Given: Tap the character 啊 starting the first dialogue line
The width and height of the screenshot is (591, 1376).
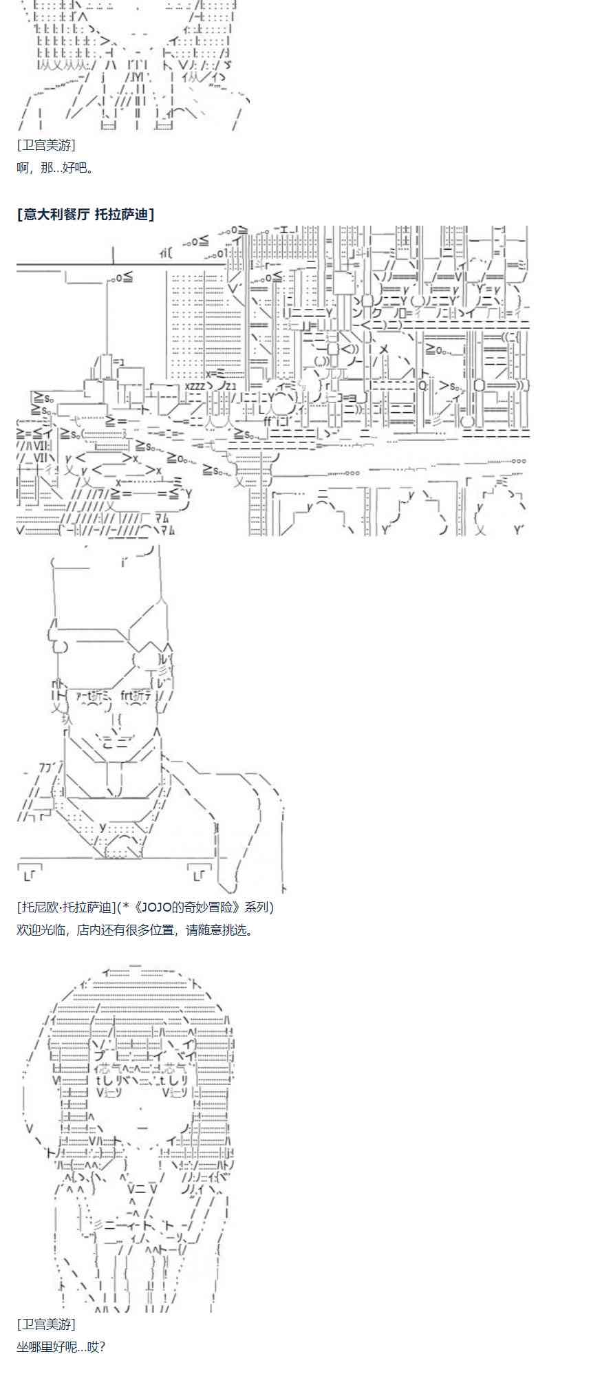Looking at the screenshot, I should click(23, 167).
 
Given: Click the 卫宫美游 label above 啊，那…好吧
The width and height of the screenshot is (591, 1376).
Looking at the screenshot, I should click(46, 145).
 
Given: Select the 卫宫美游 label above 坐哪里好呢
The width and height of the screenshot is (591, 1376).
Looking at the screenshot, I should click(46, 1324).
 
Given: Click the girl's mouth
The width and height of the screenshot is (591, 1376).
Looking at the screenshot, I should click(142, 1129).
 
